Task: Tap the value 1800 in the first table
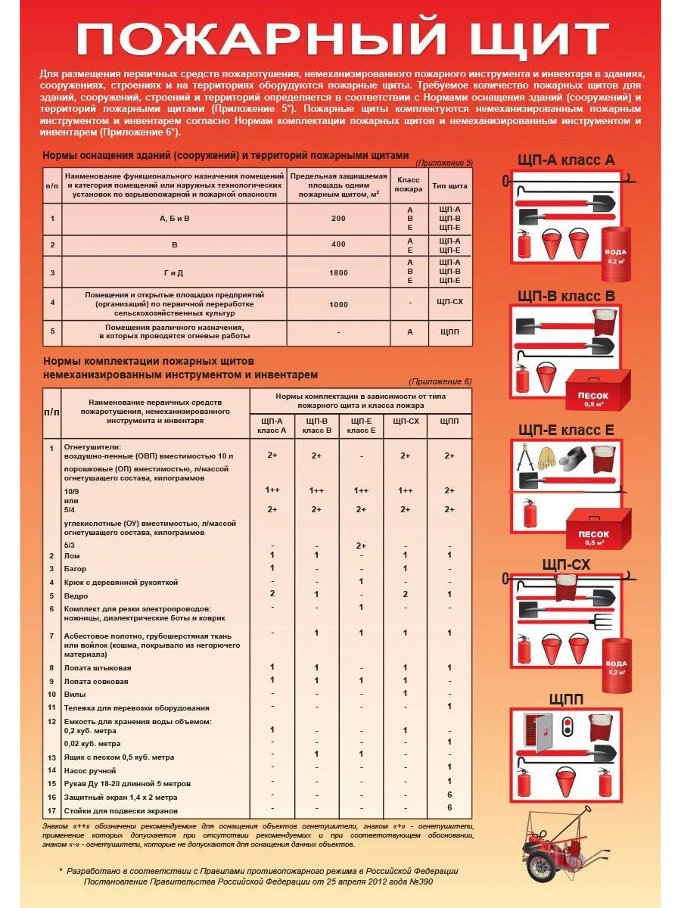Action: [338, 272]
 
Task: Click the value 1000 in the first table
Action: [338, 304]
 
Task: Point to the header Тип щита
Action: [449, 185]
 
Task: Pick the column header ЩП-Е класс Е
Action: [361, 426]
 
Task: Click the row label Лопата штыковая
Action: [98, 668]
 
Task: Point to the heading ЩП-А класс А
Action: [566, 160]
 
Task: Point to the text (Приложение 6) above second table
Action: [440, 381]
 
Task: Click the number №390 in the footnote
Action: [421, 882]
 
